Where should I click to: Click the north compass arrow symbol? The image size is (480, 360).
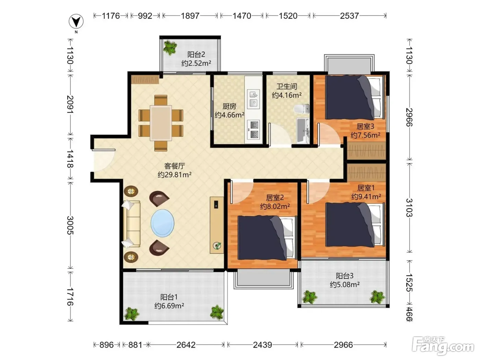[x=76, y=21]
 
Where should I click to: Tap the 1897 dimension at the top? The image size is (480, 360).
[x=190, y=16]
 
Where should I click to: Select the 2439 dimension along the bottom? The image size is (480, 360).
[x=262, y=345]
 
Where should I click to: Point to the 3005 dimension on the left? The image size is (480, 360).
[x=70, y=225]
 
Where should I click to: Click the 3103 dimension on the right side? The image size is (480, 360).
[x=409, y=208]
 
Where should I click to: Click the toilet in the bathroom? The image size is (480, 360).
[x=301, y=109]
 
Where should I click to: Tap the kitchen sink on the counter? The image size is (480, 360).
[x=253, y=99]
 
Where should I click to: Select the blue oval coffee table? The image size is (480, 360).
[x=162, y=223]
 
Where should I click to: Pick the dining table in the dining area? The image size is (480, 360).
[x=161, y=123]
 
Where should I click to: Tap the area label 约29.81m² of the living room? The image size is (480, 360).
[x=175, y=175]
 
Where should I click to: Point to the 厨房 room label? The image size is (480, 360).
[x=229, y=106]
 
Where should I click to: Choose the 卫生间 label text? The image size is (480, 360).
[x=287, y=86]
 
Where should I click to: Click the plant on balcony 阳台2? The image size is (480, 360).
[x=170, y=47]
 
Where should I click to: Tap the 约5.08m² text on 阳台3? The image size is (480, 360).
[x=345, y=284]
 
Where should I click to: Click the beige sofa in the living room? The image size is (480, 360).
[x=131, y=224]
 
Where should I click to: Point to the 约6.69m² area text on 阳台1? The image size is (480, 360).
[x=169, y=305]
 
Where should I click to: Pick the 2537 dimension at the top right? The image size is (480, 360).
[x=349, y=16]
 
